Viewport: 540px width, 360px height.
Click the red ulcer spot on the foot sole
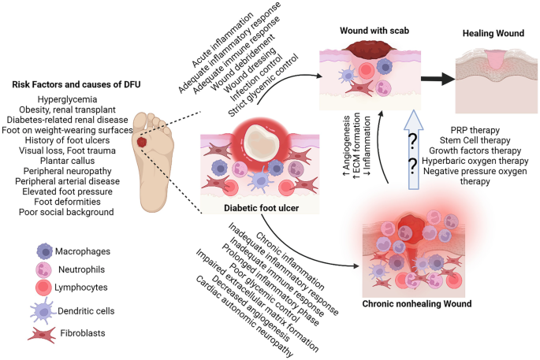142,143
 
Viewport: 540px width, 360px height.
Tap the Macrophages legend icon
46,251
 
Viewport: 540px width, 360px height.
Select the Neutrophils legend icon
46,272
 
